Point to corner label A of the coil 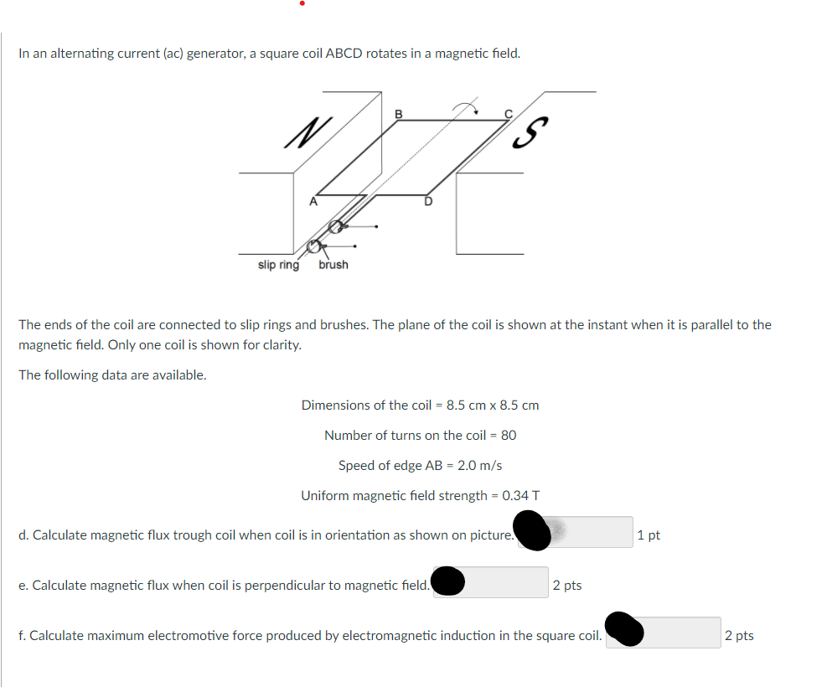coord(313,201)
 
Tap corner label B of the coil coord(398,113)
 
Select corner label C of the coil coord(507,113)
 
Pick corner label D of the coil coord(427,201)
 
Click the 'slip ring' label coord(278,265)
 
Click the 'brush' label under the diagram coord(333,265)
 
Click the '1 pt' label coord(649,535)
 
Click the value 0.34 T coord(520,495)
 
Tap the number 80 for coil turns coord(508,435)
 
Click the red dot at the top coord(302,4)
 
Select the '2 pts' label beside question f coord(739,636)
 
